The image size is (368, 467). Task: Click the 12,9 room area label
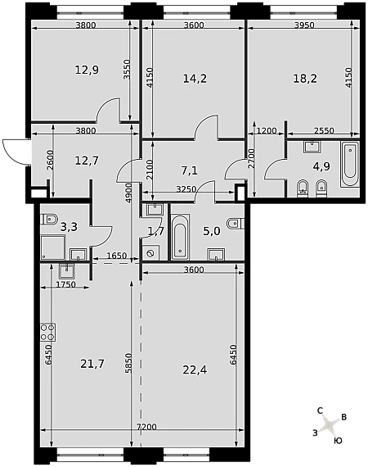click(87, 70)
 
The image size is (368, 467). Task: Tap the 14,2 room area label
click(195, 79)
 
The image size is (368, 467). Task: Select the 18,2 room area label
click(305, 79)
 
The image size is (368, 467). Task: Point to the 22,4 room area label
click(195, 370)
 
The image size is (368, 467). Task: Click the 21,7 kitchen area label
click(92, 364)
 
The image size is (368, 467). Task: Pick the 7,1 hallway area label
click(190, 170)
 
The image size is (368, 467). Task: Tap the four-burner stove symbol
click(48, 333)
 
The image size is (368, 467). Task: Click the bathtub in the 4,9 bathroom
click(349, 164)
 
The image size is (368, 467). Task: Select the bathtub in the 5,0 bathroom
click(180, 236)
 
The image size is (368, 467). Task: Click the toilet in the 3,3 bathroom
click(49, 220)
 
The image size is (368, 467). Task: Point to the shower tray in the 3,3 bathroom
click(53, 247)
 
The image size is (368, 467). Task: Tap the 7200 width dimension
click(146, 427)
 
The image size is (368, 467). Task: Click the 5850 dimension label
click(128, 363)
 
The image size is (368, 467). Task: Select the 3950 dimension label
click(304, 25)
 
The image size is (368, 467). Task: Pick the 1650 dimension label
click(116, 256)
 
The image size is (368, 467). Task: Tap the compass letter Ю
click(338, 441)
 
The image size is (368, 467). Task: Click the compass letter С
click(320, 411)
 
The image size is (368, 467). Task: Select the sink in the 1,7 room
click(155, 209)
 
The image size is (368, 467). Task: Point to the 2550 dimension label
click(324, 130)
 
